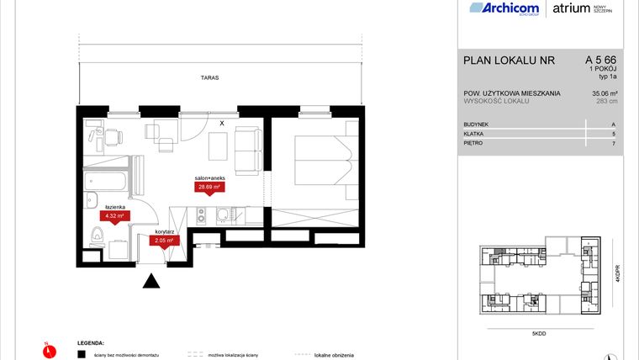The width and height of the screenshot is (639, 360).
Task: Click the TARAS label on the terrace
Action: click(209, 77)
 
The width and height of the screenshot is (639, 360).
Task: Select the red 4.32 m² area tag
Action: click(113, 215)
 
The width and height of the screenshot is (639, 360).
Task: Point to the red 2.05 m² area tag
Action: click(162, 241)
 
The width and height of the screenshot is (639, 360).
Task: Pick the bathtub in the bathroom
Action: click(105, 180)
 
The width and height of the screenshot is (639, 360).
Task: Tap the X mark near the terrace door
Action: click(221, 124)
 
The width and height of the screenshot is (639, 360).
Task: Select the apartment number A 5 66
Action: click(602, 60)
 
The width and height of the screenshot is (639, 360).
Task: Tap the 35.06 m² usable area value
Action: click(603, 93)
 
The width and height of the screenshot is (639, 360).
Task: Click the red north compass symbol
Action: click(47, 347)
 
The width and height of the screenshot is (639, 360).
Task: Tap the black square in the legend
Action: click(82, 355)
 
